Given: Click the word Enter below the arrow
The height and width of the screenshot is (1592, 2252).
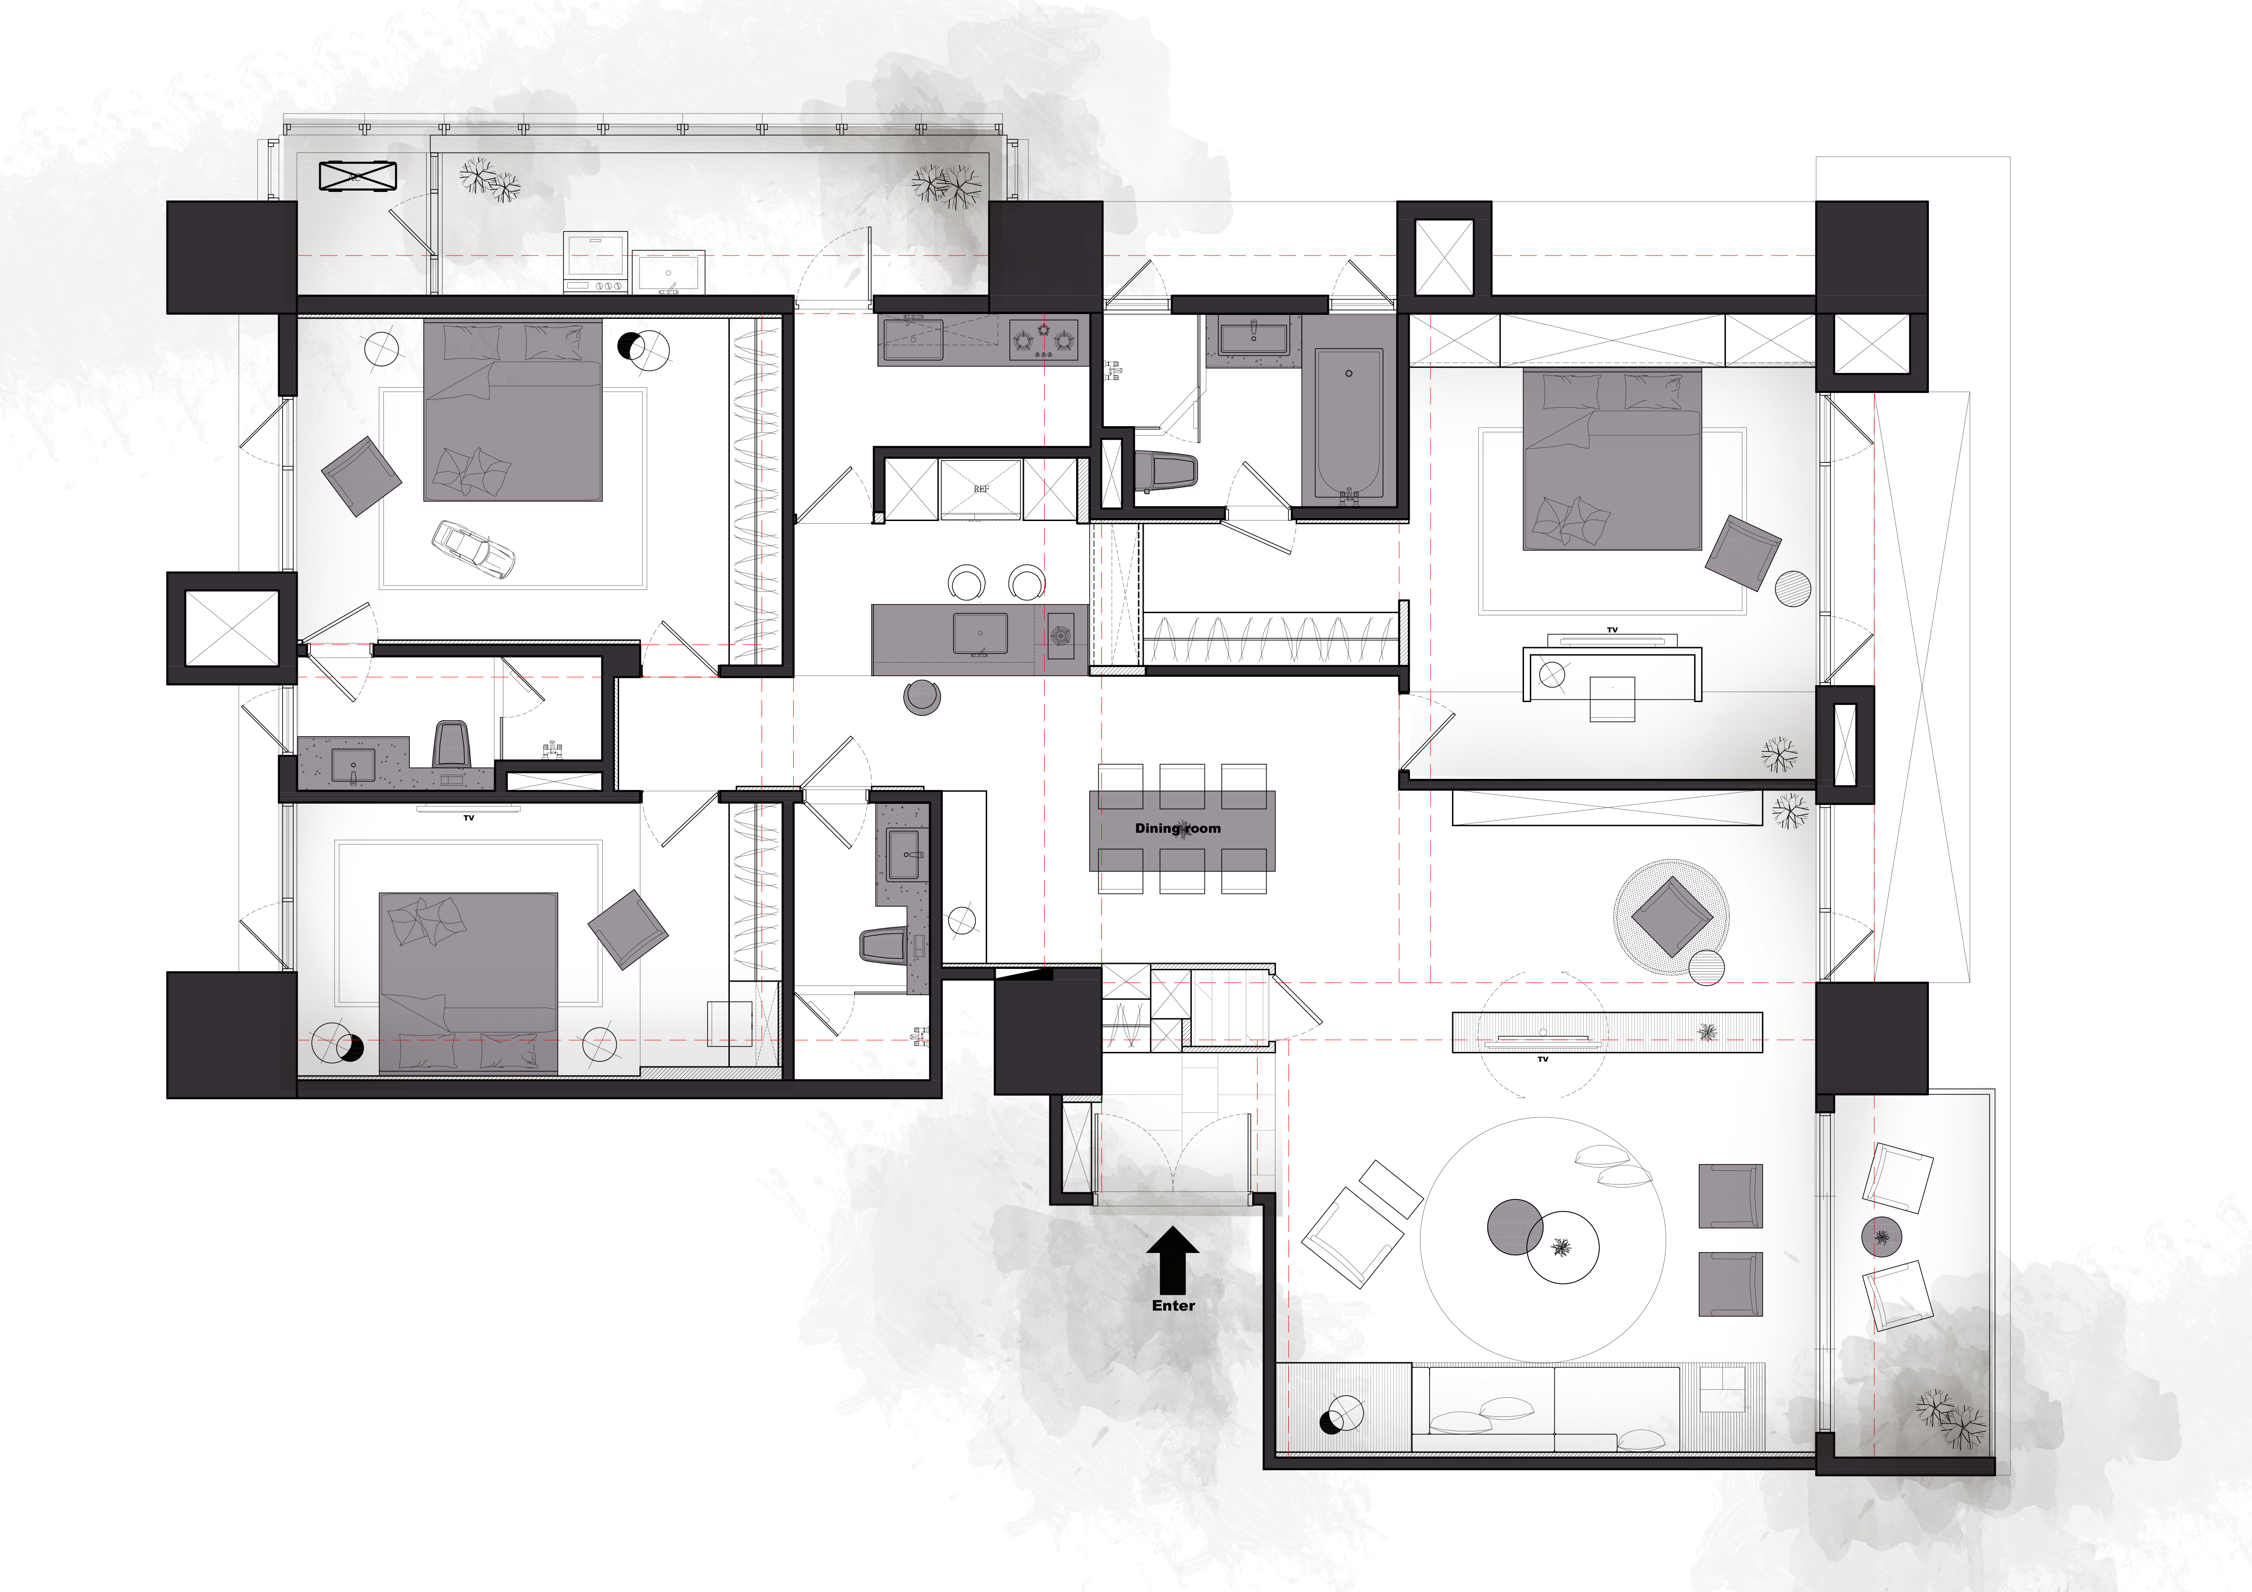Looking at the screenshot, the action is click(x=1173, y=1306).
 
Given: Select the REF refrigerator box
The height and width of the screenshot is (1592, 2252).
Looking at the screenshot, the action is click(x=981, y=488).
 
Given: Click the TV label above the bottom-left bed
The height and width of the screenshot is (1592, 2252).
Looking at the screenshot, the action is click(x=469, y=817).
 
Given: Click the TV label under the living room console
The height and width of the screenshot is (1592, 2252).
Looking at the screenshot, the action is click(x=1543, y=1059).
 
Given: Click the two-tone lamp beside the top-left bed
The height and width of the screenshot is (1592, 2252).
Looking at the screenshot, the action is click(x=644, y=348).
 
